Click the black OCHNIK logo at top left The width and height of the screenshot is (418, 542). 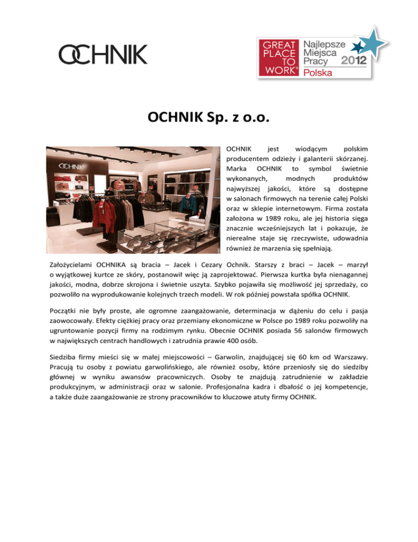tap(103, 55)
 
